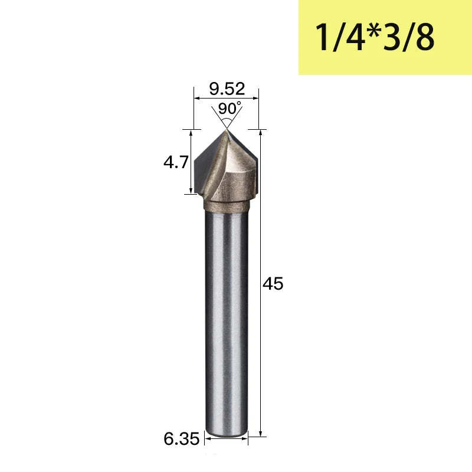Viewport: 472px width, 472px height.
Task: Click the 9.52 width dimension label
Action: [x=227, y=89]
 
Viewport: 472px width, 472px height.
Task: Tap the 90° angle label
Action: [x=230, y=109]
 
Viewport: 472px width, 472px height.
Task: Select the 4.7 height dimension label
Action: [x=176, y=162]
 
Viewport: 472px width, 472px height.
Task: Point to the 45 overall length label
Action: [x=273, y=284]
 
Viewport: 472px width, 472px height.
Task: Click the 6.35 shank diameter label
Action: [x=182, y=438]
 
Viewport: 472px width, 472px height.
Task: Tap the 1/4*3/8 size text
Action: [x=375, y=37]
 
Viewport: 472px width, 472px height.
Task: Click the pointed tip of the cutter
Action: [x=227, y=130]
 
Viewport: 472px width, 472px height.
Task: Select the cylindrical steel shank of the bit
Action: [x=227, y=322]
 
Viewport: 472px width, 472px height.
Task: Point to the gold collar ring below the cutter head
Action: [x=227, y=205]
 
